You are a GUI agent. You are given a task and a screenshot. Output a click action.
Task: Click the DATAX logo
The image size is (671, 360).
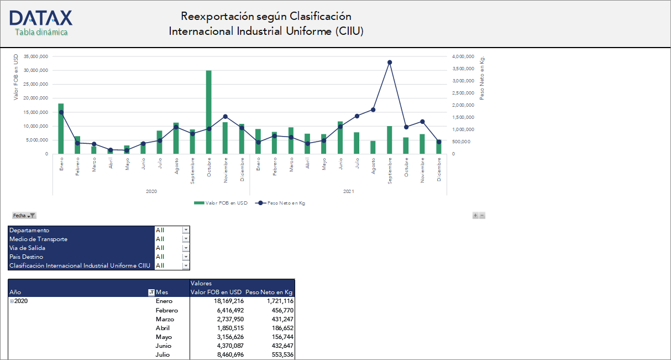click(41, 18)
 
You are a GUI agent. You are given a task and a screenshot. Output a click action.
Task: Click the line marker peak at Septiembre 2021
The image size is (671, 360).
click(390, 62)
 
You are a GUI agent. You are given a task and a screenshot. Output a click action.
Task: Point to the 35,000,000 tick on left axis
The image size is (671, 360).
click(35, 56)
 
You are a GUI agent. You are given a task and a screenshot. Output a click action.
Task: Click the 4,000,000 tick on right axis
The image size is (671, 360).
click(462, 56)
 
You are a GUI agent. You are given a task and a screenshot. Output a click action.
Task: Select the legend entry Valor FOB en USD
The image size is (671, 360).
click(221, 203)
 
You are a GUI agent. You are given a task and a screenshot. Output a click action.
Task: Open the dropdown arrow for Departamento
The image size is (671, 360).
click(186, 230)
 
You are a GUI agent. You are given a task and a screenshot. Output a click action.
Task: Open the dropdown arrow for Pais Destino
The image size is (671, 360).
click(186, 257)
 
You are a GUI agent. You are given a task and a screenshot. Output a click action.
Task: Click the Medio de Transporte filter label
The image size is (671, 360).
click(39, 239)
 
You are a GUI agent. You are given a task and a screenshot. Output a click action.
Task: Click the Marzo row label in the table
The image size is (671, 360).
click(165, 319)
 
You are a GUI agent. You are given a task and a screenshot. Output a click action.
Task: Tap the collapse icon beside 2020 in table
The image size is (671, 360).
click(12, 301)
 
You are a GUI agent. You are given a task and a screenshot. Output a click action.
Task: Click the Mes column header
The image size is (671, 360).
click(162, 292)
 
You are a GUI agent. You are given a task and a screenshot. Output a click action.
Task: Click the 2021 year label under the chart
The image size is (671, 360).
click(348, 191)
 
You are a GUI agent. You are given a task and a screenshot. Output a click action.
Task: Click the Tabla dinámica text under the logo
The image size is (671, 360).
click(41, 32)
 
